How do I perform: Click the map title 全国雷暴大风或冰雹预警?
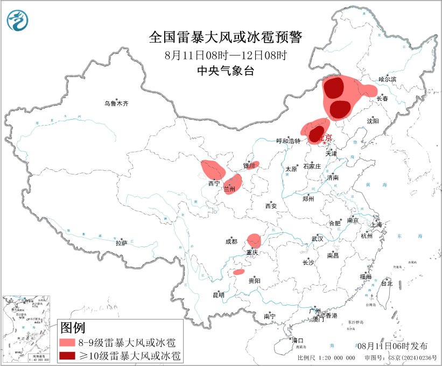(x=226, y=37)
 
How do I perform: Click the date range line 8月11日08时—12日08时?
(x=226, y=55)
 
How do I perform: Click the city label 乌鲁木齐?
(x=117, y=103)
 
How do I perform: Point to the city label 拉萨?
(x=121, y=243)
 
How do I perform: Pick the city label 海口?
(x=298, y=340)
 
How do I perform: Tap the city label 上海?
(x=376, y=224)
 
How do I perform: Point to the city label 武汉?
(x=317, y=238)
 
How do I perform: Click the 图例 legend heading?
(x=72, y=327)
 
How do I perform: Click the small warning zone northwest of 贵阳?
(x=238, y=272)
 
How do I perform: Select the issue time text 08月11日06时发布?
(x=396, y=346)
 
